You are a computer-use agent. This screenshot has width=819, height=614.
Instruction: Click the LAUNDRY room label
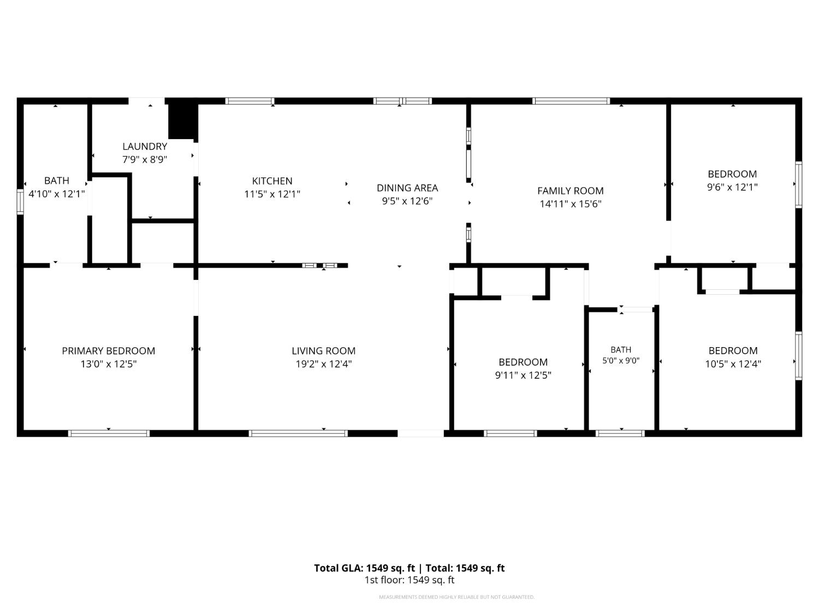coord(144,146)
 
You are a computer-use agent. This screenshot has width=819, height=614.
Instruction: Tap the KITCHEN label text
coord(272,181)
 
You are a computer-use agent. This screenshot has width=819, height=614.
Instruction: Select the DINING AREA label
coord(407,188)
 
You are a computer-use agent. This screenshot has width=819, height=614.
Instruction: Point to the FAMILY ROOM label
coord(570,191)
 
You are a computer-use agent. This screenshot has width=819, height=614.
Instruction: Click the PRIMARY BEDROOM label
coord(108,351)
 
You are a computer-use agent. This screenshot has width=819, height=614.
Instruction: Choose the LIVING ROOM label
coord(323,351)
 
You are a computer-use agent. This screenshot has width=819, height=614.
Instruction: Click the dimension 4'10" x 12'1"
coord(57,194)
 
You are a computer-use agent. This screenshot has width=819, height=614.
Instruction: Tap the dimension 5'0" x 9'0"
coord(621,361)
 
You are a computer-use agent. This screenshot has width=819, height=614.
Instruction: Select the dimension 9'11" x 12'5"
coord(523,375)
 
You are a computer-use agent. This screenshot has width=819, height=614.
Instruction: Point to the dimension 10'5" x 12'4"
coord(733,364)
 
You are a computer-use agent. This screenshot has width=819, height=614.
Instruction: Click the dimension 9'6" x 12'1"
coord(732,187)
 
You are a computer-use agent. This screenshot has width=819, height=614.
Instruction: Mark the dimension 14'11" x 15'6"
coord(571,204)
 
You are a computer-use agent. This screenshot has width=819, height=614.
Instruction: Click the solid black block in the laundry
coord(182,120)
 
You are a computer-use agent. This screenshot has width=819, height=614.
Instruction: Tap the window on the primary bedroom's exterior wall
coord(109,433)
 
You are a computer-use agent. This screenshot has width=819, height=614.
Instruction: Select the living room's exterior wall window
coord(298,433)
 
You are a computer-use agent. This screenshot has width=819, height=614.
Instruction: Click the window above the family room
coord(571,100)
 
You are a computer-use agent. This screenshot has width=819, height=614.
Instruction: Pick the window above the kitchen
coord(250,100)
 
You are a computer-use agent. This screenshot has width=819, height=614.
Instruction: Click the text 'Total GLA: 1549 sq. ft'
coord(364,568)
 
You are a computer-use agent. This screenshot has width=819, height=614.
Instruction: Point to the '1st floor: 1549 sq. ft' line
coord(410,580)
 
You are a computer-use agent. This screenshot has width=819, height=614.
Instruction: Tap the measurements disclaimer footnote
coord(456,597)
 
